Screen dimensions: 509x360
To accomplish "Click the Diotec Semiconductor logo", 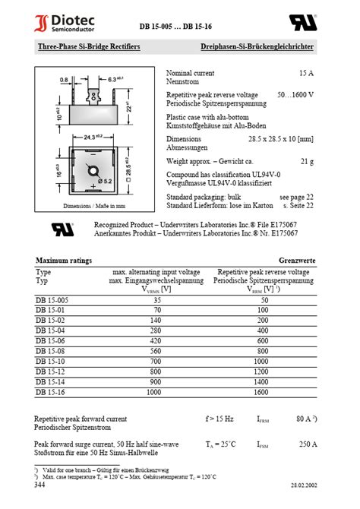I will point(62,23).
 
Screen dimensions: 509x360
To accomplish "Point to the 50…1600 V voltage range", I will point(295,95).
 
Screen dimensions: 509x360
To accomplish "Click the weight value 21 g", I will point(307,161).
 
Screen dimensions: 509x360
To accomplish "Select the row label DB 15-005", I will point(52,300).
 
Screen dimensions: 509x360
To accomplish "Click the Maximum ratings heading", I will point(64,261).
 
